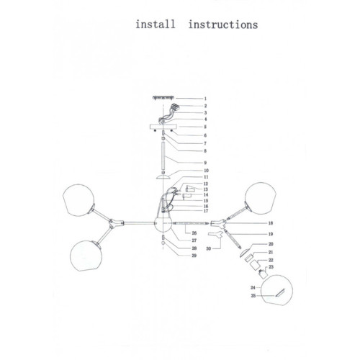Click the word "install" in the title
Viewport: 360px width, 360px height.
tap(156, 24)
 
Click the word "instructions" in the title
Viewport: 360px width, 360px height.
tap(223, 24)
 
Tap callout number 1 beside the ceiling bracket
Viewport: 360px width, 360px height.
tap(205, 99)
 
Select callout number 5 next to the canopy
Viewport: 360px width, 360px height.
tap(205, 127)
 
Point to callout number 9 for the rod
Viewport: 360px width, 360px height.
tap(205, 163)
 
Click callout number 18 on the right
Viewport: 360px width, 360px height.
tap(271, 223)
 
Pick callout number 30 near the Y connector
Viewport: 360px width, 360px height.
tap(209, 248)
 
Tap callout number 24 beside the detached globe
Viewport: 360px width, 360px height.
tap(253, 287)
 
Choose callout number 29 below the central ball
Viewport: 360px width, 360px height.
tap(194, 256)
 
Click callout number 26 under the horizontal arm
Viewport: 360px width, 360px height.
tap(194, 233)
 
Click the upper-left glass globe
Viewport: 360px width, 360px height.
tap(78, 200)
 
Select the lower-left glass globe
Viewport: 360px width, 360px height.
tap(86, 256)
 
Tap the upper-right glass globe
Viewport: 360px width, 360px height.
tap(261, 198)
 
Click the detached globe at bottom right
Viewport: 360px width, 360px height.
tap(276, 290)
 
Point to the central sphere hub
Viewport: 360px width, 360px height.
tap(163, 224)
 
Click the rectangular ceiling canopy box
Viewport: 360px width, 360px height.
tap(163, 127)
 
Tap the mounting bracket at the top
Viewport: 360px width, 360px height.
tap(163, 97)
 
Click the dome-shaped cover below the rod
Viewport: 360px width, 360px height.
tap(163, 176)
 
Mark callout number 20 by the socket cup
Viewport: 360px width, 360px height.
tap(271, 244)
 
